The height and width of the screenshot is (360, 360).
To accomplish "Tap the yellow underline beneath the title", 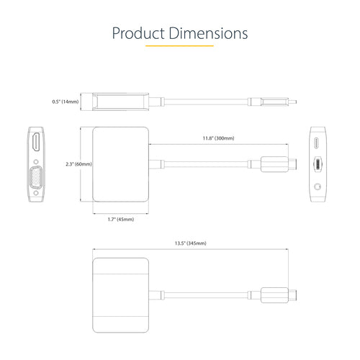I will tap(180, 46).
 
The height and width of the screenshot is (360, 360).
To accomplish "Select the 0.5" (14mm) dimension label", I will tap(64, 102).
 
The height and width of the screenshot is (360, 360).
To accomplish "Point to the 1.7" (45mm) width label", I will tap(120, 218).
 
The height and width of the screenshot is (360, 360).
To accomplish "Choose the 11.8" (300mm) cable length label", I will tap(219, 138).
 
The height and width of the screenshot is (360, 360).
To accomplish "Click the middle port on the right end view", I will tap(318, 165).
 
